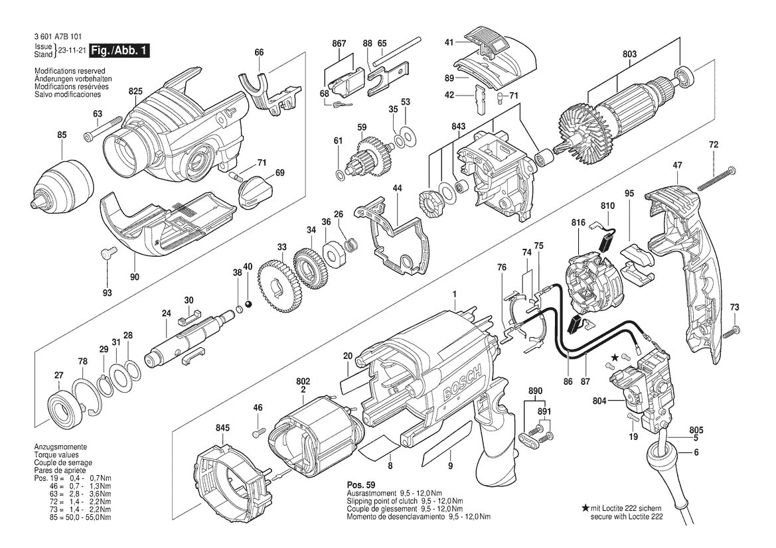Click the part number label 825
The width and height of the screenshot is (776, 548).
pyautogui.click(x=135, y=91)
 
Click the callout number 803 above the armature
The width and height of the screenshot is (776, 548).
pyautogui.click(x=630, y=54)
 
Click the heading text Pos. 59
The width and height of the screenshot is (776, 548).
pyautogui.click(x=360, y=485)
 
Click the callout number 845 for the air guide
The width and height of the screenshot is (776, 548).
pyautogui.click(x=222, y=429)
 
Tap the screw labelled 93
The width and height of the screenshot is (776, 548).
pyautogui.click(x=108, y=254)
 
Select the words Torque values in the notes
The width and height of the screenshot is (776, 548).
pyautogui.click(x=56, y=455)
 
